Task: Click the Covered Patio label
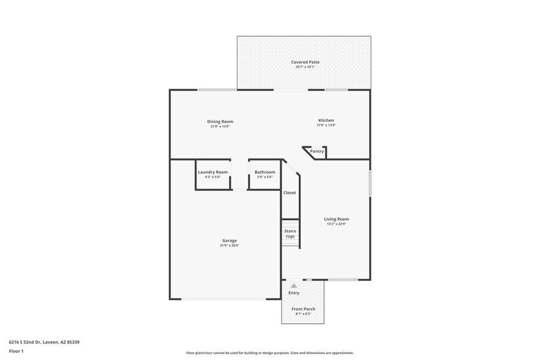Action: (x=305, y=62)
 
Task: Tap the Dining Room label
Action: (x=220, y=121)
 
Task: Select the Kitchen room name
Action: (x=326, y=120)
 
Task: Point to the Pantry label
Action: (x=317, y=151)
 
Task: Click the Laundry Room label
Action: (x=212, y=172)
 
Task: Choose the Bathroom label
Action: (x=264, y=172)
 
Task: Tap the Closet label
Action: (x=290, y=193)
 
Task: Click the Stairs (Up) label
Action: (x=290, y=233)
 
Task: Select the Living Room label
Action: (x=336, y=219)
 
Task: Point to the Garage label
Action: (x=229, y=240)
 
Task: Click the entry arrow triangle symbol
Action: (x=294, y=285)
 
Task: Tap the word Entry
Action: (x=294, y=293)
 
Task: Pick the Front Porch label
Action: (x=303, y=309)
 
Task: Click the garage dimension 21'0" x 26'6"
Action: (x=229, y=246)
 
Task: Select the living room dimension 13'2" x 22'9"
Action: (x=336, y=224)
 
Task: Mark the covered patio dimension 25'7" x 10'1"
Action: (x=305, y=67)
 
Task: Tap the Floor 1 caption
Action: (x=16, y=351)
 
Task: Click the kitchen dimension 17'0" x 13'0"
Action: (x=326, y=126)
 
